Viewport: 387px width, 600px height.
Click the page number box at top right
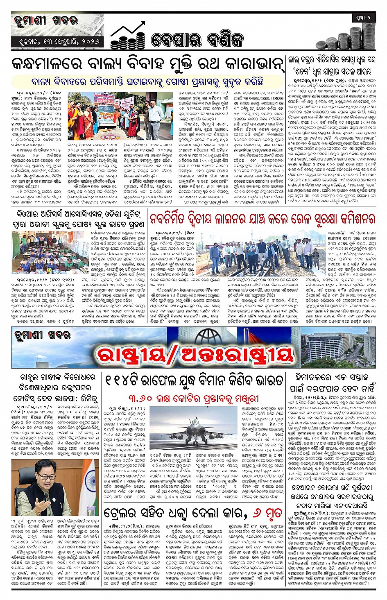pyautogui.click(x=363, y=18)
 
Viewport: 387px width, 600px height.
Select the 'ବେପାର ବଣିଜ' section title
pyautogui.click(x=197, y=40)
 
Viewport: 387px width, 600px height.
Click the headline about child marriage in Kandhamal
pyautogui.click(x=147, y=64)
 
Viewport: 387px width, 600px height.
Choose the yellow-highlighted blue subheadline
pyautogui.click(x=147, y=81)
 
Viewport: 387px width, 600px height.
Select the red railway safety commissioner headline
pyautogui.click(x=262, y=218)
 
